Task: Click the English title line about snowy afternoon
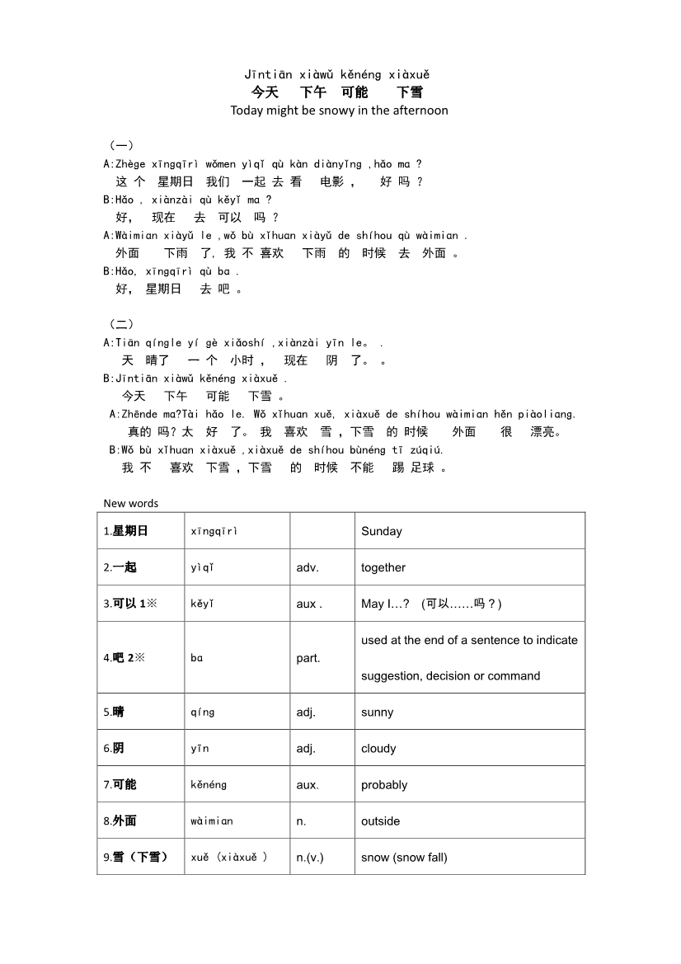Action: [339, 111]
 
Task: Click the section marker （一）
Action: [121, 146]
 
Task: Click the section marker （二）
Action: [121, 324]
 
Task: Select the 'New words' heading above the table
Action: [130, 503]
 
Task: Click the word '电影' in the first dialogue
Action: [332, 182]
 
